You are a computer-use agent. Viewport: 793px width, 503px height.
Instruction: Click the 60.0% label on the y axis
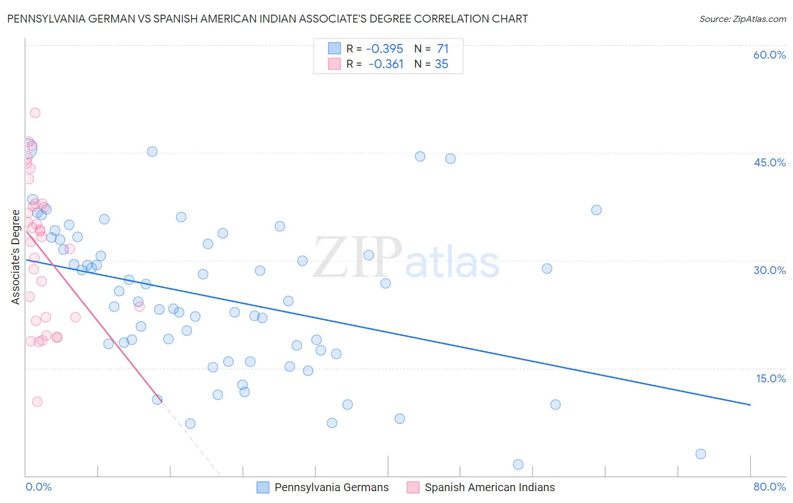coord(769,55)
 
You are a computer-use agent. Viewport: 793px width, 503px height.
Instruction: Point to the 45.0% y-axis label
coord(769,162)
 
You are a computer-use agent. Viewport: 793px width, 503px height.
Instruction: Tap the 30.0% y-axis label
coord(769,270)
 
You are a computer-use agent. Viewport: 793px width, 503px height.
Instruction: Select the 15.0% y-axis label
coord(770,378)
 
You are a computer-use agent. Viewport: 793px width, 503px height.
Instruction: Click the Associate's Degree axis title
coord(16,257)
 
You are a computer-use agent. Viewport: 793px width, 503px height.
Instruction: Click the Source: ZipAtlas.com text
coord(742,19)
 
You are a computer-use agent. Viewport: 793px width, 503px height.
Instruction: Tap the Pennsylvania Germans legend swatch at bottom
coord(263,488)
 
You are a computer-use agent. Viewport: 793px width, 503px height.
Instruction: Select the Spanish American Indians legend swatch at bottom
coord(413,488)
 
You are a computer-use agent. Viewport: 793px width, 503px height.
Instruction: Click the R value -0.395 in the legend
coord(385,49)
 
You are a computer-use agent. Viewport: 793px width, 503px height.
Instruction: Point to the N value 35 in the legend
coord(441,64)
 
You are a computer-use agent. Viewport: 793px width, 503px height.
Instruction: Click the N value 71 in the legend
coord(442,49)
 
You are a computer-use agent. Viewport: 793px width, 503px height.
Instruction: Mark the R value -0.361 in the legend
coord(386,64)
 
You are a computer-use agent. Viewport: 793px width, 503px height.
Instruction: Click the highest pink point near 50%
coord(35,113)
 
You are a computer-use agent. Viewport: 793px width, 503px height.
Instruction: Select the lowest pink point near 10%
coord(37,402)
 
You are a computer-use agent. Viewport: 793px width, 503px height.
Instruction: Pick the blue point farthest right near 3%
coord(701,454)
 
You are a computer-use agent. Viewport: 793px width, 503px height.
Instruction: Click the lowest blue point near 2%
coord(518,465)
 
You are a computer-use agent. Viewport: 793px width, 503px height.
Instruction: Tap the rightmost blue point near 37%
coord(596,210)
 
